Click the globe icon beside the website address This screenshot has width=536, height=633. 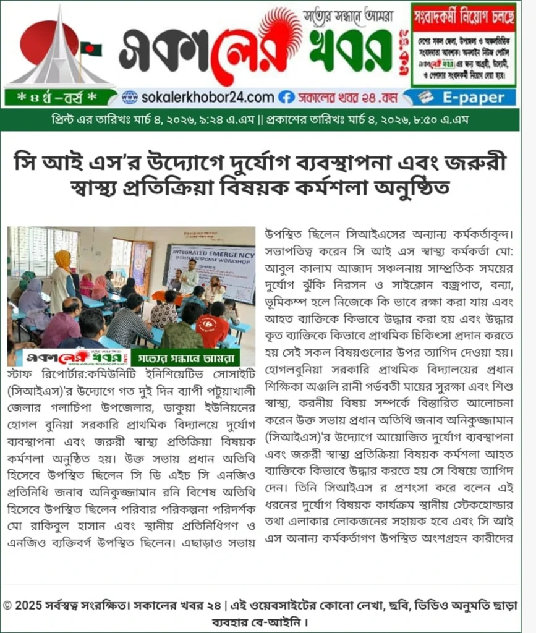(x=129, y=97)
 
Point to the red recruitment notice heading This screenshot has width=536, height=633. (x=464, y=16)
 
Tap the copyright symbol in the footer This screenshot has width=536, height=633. (x=7, y=605)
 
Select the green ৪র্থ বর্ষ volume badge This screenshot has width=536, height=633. (x=59, y=98)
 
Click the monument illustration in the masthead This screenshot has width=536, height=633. (x=60, y=49)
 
